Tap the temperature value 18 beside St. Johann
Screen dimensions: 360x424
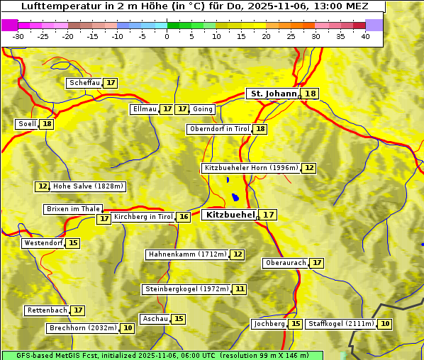click(x=311, y=94)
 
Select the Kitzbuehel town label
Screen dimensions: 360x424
click(x=229, y=214)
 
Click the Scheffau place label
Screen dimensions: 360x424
click(x=84, y=83)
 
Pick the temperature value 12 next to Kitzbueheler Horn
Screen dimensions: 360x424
click(x=309, y=168)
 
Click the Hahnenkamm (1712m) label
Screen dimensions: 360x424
click(x=187, y=254)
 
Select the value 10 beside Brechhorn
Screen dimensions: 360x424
click(x=128, y=328)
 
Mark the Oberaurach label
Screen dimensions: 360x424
click(x=285, y=263)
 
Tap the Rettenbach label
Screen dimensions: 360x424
click(x=48, y=310)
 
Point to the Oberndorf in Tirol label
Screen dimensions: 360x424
click(x=219, y=129)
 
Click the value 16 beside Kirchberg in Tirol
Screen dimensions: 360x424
click(x=184, y=217)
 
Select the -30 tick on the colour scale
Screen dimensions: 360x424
click(x=18, y=36)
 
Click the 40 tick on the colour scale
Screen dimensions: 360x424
click(x=365, y=36)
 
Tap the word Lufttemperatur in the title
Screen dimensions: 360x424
click(x=54, y=6)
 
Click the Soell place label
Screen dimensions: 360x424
click(x=27, y=124)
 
